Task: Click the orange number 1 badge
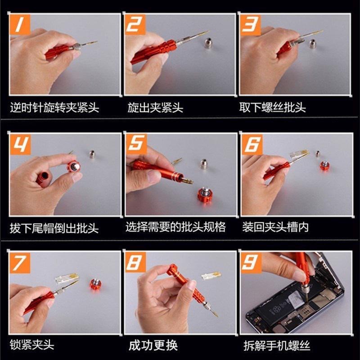click(x=20, y=24)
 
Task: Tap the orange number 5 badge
click(x=136, y=144)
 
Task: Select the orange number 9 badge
click(x=251, y=263)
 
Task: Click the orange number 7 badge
click(x=20, y=263)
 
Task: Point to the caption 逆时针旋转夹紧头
click(x=54, y=108)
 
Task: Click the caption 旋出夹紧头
click(x=155, y=108)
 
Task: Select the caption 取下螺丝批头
click(x=273, y=107)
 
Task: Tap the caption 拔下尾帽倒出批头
click(x=54, y=228)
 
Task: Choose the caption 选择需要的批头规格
click(x=175, y=227)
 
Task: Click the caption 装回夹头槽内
click(x=275, y=227)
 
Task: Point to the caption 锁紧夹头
click(x=32, y=345)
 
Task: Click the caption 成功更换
click(x=153, y=345)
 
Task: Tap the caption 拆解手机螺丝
click(x=277, y=346)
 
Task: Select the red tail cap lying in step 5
click(x=205, y=195)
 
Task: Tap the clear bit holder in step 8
click(x=211, y=275)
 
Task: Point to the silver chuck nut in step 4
click(x=92, y=154)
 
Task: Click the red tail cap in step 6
click(x=325, y=166)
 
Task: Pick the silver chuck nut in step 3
click(x=313, y=44)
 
